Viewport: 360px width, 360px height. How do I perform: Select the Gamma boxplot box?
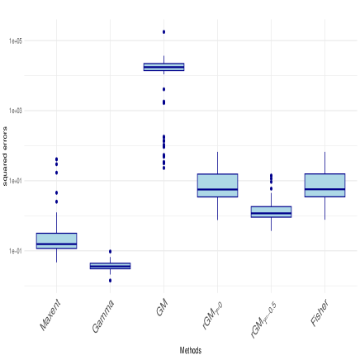pos(110,266)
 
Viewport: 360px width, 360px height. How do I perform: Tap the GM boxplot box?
pos(163,67)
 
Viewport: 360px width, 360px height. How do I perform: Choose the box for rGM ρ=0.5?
pos(271,211)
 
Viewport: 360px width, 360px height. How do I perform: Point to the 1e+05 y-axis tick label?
pos(17,40)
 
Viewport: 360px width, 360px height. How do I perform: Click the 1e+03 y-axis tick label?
pos(17,110)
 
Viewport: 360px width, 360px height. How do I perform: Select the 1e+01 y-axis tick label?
pos(17,180)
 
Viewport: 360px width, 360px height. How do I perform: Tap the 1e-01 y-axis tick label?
pos(17,250)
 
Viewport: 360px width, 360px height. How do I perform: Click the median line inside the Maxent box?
pos(56,244)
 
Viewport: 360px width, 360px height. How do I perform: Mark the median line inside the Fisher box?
pos(324,190)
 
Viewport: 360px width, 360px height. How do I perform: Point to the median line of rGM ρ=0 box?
pos(217,190)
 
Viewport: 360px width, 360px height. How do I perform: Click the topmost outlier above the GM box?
pos(163,30)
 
